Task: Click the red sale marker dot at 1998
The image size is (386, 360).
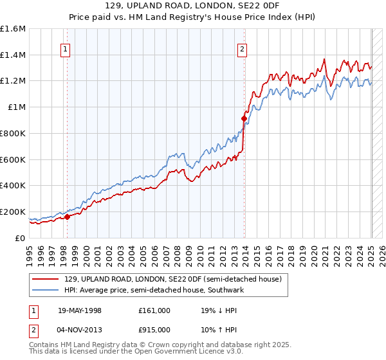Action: [x=67, y=217]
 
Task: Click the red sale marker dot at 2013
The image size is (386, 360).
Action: [x=244, y=118]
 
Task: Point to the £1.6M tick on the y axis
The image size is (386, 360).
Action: [x=13, y=29]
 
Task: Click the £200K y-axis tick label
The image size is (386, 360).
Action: [x=13, y=212]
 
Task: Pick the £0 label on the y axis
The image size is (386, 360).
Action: [x=21, y=238]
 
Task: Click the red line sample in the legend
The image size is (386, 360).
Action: [x=46, y=279]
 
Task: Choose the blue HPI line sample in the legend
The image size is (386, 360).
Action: [x=46, y=291]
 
